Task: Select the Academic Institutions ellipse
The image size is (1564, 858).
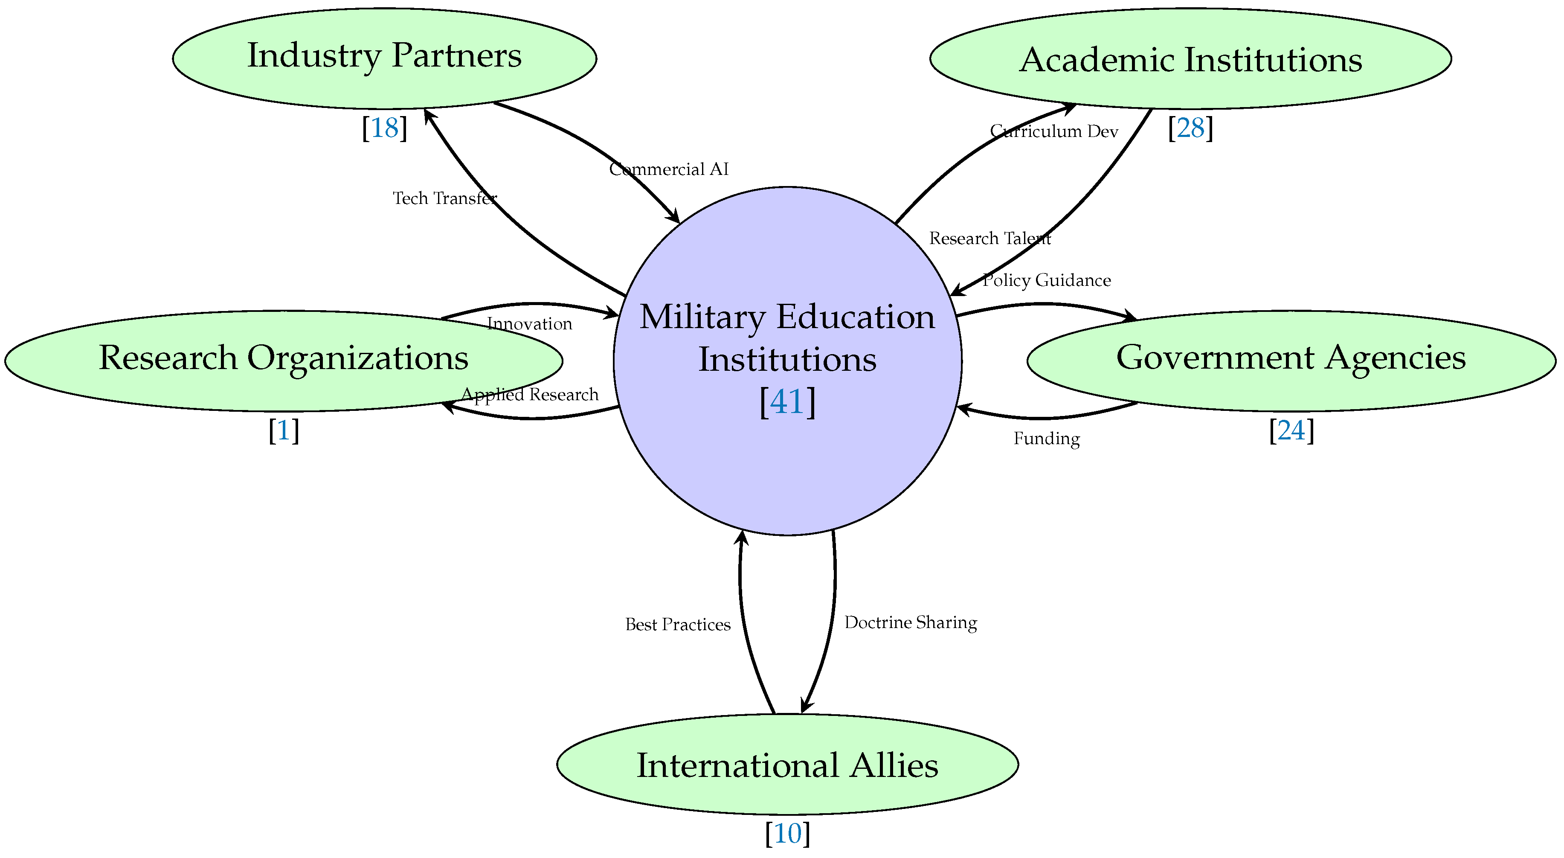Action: pos(1190,59)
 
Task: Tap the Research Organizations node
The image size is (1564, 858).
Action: pos(284,360)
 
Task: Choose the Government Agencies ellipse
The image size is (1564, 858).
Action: pos(1291,360)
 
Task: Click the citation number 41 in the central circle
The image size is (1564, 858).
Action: pos(787,401)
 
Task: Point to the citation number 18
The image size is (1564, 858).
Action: pos(384,128)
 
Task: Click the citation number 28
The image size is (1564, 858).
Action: pos(1190,128)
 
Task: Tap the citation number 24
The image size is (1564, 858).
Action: pos(1291,430)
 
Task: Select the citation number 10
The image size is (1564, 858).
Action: pos(787,834)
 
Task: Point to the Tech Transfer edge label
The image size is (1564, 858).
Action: pos(444,198)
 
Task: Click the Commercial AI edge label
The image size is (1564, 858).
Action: pos(668,169)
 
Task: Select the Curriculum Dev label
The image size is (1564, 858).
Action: pos(1053,131)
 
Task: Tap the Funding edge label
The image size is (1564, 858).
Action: pos(1046,439)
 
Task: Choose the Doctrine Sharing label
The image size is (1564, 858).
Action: pos(910,622)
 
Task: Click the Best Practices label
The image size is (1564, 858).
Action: pos(678,624)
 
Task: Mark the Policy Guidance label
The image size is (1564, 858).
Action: pos(1046,280)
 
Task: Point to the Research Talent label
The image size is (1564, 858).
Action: pos(989,238)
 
